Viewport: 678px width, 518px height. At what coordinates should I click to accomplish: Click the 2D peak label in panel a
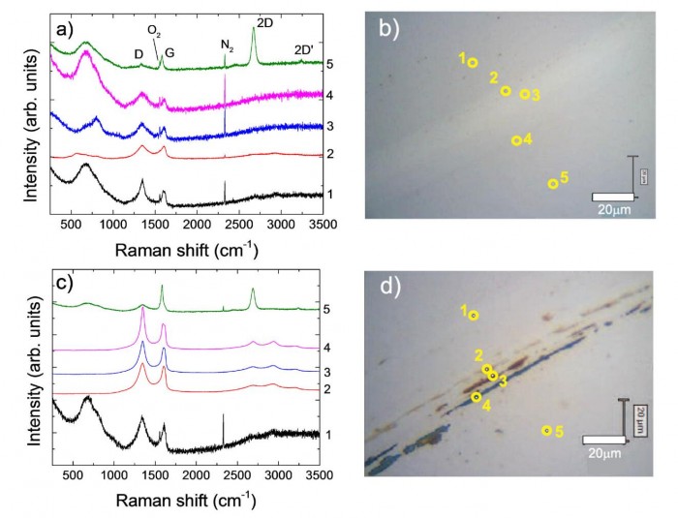coord(264,20)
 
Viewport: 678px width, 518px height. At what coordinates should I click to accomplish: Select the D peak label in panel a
coord(139,52)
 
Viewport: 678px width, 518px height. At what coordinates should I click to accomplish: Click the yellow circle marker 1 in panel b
coord(472,62)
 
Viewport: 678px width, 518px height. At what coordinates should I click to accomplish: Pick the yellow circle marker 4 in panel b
coord(516,140)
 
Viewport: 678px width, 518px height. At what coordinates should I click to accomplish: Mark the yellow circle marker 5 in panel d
coord(546,431)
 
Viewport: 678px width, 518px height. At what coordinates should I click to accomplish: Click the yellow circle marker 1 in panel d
coord(474,315)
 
